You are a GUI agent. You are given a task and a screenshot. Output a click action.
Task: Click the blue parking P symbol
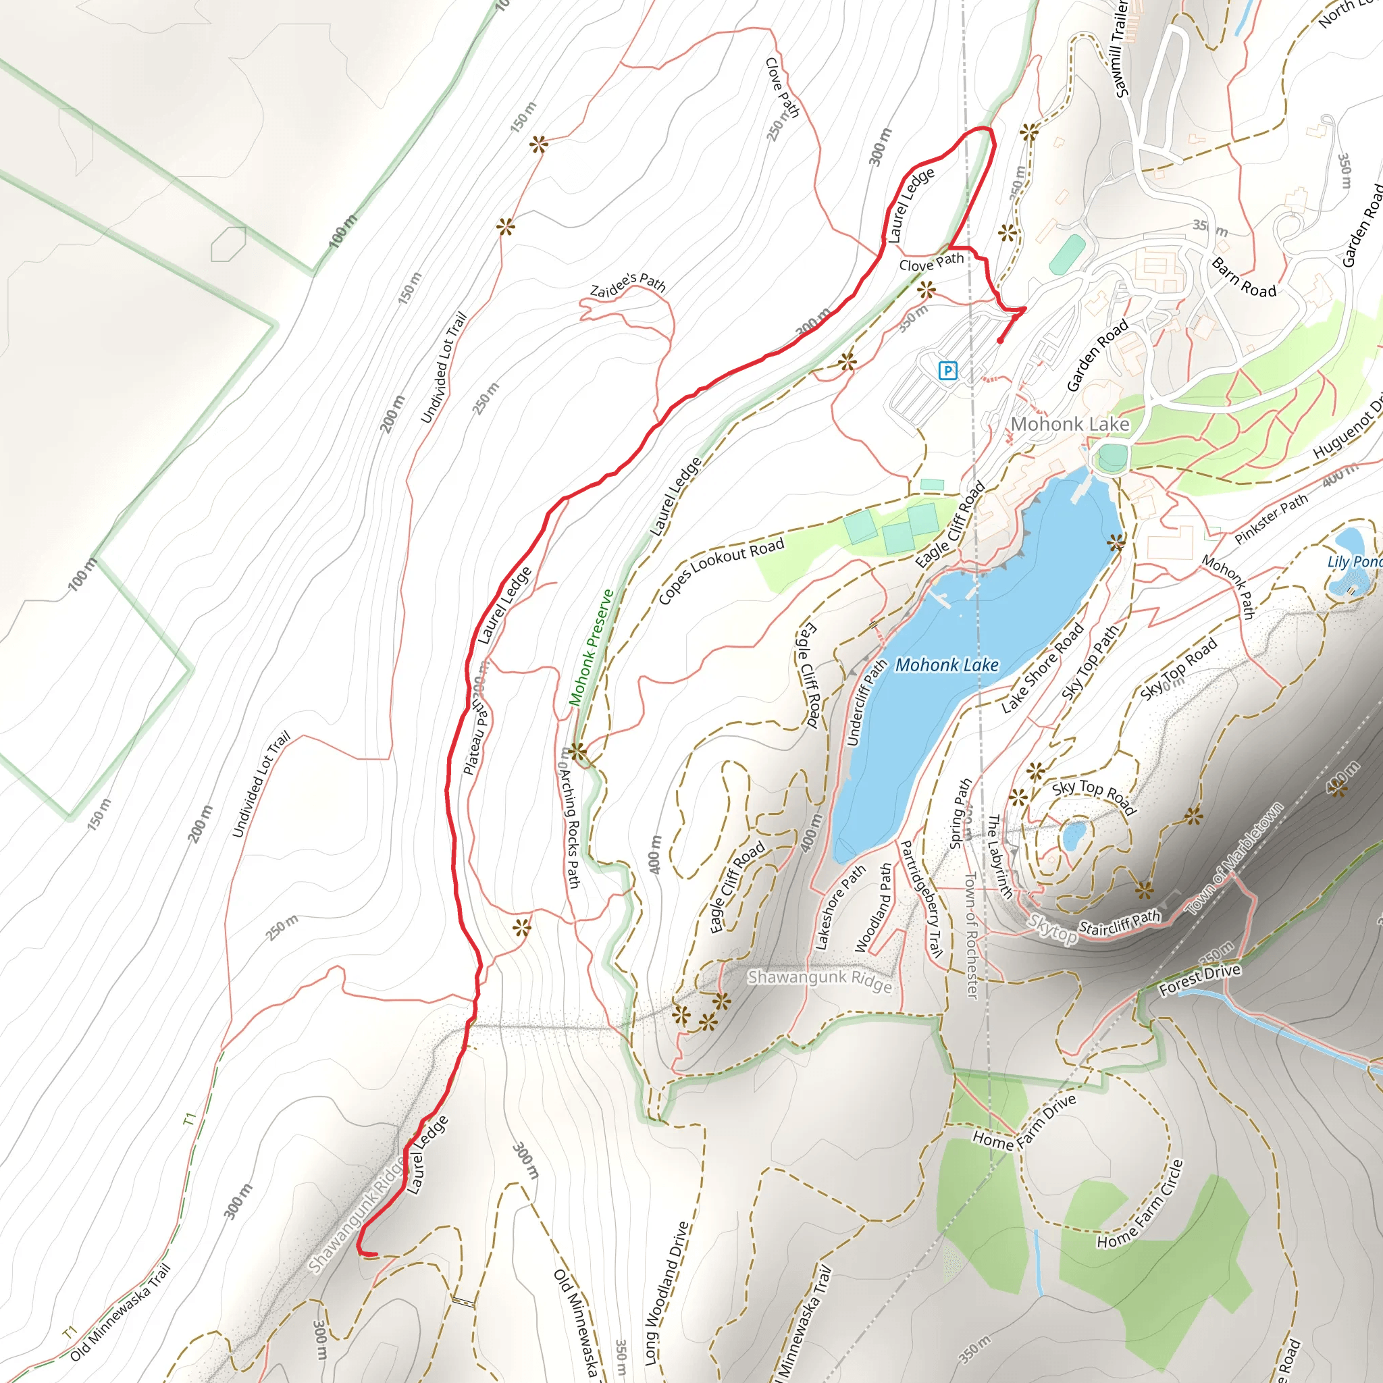[947, 371]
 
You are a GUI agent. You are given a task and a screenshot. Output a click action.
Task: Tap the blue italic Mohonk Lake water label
[946, 666]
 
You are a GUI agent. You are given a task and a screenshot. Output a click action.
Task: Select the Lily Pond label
[1354, 562]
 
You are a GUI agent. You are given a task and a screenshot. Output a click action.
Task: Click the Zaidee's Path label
[628, 285]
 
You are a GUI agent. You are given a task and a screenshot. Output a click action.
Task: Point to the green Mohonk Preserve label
[592, 648]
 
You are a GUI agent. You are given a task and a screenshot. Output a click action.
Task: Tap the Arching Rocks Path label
[570, 827]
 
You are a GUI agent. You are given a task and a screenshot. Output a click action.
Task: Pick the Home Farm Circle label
[1141, 1204]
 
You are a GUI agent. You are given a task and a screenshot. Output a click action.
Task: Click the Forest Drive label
[1200, 980]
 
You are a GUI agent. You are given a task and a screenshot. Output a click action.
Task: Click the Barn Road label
[1244, 278]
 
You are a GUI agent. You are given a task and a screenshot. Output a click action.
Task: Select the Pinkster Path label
[1272, 518]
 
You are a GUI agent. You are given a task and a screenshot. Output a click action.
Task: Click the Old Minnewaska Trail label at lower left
[120, 1313]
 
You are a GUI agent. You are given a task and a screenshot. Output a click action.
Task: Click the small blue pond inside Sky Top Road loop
[1074, 835]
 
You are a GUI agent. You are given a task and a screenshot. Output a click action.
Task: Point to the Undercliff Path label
[866, 704]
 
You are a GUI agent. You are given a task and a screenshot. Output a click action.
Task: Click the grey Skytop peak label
[1052, 929]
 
